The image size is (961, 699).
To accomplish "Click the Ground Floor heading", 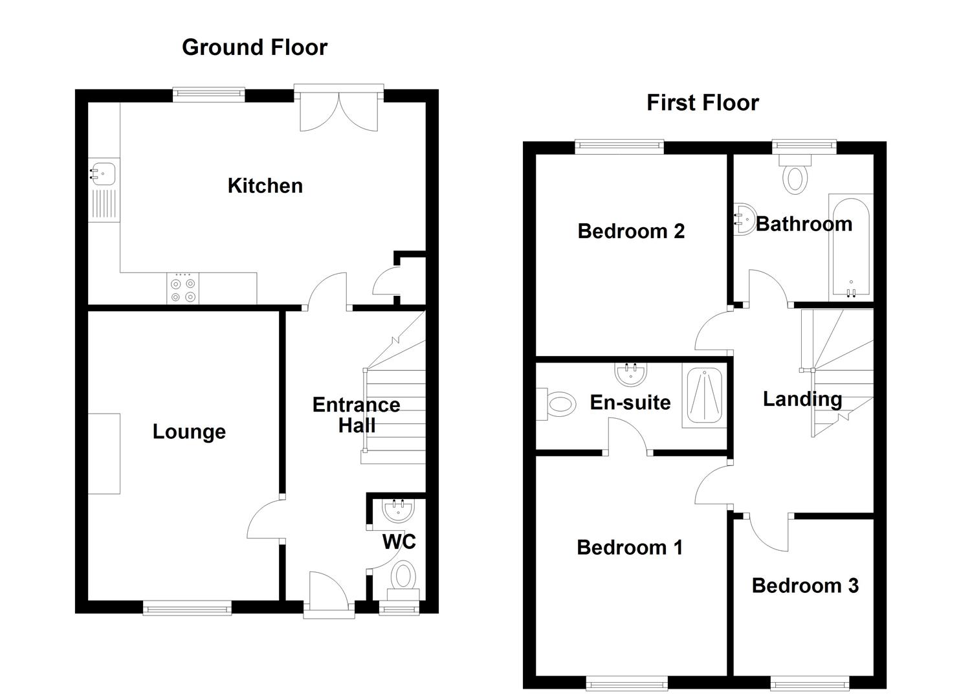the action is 254,47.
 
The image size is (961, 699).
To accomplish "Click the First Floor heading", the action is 703,103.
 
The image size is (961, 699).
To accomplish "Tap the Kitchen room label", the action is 265,186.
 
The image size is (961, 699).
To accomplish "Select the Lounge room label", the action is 189,432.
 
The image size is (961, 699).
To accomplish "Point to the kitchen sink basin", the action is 103,174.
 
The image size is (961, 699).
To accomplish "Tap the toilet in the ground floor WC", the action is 403,581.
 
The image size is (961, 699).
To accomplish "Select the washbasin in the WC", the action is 399,511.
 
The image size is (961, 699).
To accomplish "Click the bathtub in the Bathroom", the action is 851,248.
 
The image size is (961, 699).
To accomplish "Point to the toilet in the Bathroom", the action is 795,174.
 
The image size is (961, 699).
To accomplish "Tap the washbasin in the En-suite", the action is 631,374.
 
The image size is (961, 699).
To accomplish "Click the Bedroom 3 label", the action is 805,586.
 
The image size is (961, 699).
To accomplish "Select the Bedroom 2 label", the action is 631,231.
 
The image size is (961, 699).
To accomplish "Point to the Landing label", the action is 802,399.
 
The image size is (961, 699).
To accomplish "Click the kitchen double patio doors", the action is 339,108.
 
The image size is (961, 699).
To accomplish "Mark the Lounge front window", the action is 187,608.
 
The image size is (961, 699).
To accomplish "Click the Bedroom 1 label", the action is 630,548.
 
